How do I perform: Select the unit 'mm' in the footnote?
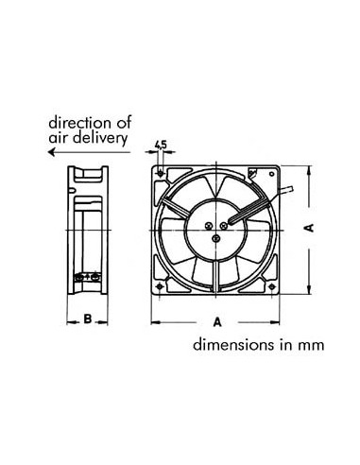coord(311,346)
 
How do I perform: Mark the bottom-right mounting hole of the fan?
coord(272,284)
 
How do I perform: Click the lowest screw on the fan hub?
coord(217,239)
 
